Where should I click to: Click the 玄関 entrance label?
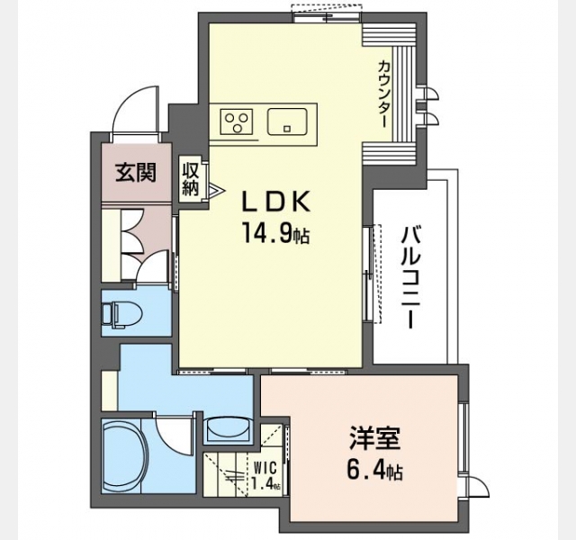pyautogui.click(x=136, y=172)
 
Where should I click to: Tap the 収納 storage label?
pyautogui.click(x=191, y=179)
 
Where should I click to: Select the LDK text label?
pyautogui.click(x=274, y=202)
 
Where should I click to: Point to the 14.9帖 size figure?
pyautogui.click(x=274, y=233)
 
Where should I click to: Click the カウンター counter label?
pyautogui.click(x=383, y=94)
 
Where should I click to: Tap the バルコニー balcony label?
pyautogui.click(x=409, y=276)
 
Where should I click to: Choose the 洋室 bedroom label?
pyautogui.click(x=374, y=438)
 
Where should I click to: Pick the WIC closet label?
pyautogui.click(x=265, y=468)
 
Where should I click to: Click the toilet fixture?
pyautogui.click(x=122, y=313)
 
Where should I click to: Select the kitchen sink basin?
pyautogui.click(x=287, y=121)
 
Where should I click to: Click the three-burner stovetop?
pyautogui.click(x=236, y=121)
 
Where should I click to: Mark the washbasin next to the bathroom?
pyautogui.click(x=229, y=429)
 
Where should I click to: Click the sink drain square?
pyautogui.click(x=287, y=129)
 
